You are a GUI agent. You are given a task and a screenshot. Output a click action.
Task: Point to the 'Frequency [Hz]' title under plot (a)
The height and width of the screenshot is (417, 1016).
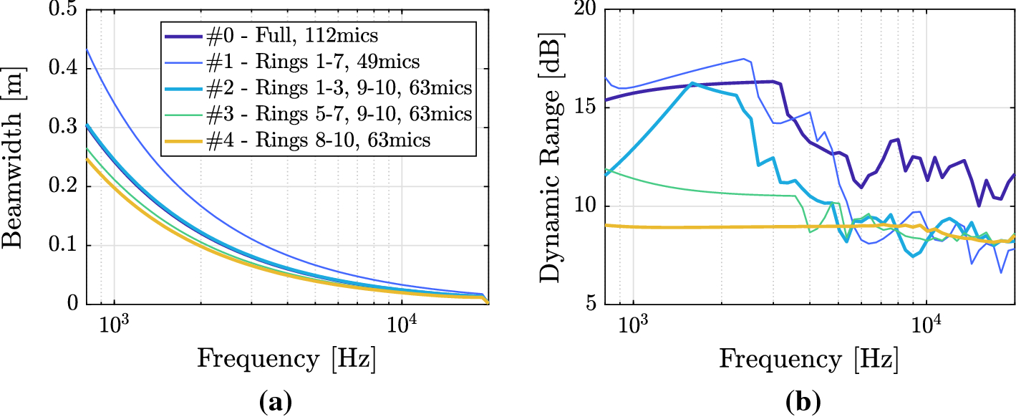(286, 357)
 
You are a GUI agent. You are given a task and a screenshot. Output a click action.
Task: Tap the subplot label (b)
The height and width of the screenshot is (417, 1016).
(808, 403)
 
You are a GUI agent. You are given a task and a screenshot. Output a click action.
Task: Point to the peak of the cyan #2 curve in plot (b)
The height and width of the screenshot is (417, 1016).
(692, 83)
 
